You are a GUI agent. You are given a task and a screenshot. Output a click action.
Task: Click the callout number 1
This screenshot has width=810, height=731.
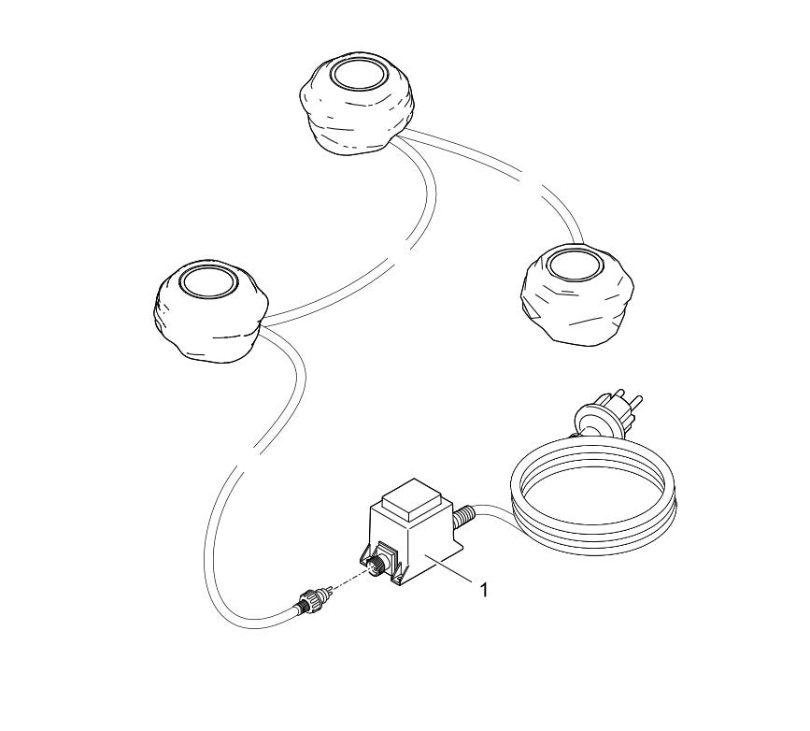483,589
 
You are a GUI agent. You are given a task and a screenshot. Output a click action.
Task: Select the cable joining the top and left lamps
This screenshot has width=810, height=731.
411,234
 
